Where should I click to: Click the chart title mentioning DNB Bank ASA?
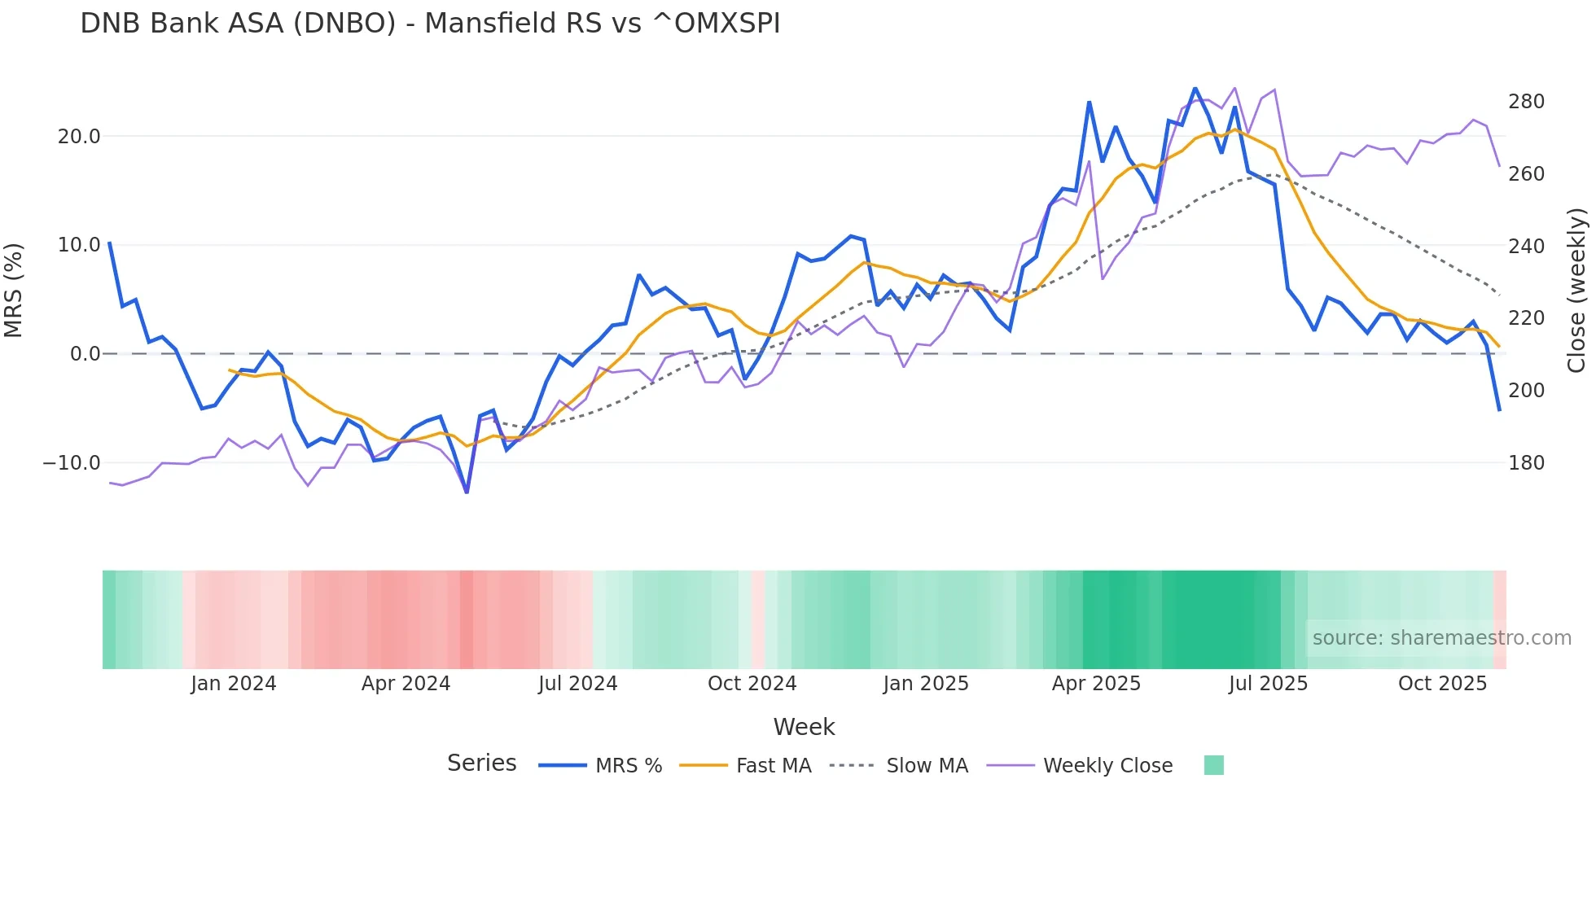pyautogui.click(x=430, y=24)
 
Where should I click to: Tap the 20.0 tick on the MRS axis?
pyautogui.click(x=79, y=137)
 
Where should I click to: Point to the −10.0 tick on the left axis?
pyautogui.click(x=72, y=463)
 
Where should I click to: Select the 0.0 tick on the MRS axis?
pyautogui.click(x=85, y=354)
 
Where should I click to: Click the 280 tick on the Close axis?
pyautogui.click(x=1526, y=102)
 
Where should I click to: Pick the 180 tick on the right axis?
pyautogui.click(x=1526, y=463)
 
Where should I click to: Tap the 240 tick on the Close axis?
pyautogui.click(x=1526, y=247)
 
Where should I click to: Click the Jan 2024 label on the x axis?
pyautogui.click(x=234, y=684)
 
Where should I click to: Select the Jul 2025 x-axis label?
pyautogui.click(x=1268, y=684)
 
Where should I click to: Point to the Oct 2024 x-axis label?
pyautogui.click(x=752, y=684)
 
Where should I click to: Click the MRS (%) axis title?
pyautogui.click(x=14, y=291)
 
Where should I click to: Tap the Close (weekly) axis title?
pyautogui.click(x=1576, y=291)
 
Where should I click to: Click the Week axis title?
pyautogui.click(x=804, y=727)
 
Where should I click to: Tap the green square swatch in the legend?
pyautogui.click(x=1213, y=765)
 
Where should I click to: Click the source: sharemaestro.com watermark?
pyautogui.click(x=1441, y=638)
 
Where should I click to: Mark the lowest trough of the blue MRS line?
pyautogui.click(x=467, y=492)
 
